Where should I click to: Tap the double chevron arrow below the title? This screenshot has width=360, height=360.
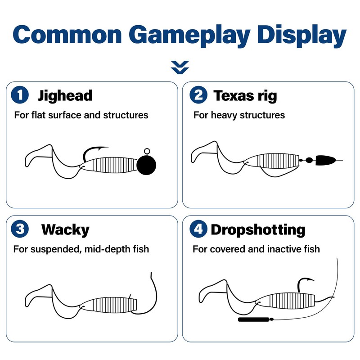(180, 67)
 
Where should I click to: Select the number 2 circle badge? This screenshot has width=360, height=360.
(198, 95)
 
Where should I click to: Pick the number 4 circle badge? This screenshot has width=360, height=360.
(198, 229)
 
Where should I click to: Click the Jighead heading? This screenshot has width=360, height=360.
(65, 95)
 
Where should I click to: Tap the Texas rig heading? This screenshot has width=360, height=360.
(245, 95)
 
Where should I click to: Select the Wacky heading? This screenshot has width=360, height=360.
(65, 230)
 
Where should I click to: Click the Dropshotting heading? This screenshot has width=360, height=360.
(258, 230)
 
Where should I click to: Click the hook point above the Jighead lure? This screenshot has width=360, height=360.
(106, 148)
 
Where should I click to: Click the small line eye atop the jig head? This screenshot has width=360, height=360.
(147, 151)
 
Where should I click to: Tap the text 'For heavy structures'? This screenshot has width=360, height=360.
(239, 115)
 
